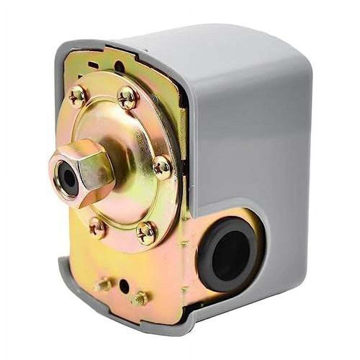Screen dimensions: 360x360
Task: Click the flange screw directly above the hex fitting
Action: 78,96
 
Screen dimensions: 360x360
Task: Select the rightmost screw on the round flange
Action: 162,167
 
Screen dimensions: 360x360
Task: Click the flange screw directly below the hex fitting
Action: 97,227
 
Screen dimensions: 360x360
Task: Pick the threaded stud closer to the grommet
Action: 140,298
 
